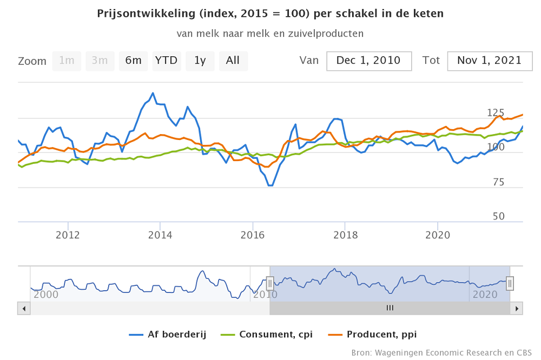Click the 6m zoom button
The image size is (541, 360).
click(133, 61)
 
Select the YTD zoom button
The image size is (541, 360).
click(166, 61)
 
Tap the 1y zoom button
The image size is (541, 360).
click(200, 61)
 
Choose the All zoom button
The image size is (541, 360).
click(233, 61)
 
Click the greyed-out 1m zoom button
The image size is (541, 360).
click(67, 61)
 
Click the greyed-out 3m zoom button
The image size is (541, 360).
click(100, 61)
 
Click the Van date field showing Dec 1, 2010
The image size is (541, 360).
click(368, 61)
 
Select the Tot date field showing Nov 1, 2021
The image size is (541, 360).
click(489, 61)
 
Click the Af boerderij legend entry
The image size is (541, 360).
click(168, 334)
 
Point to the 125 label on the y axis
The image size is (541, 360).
click(496, 112)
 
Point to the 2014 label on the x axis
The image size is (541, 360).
click(160, 235)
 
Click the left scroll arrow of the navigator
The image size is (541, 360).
click(24, 308)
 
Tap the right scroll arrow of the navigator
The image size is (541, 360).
click(517, 308)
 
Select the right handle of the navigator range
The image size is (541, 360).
click(510, 283)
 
